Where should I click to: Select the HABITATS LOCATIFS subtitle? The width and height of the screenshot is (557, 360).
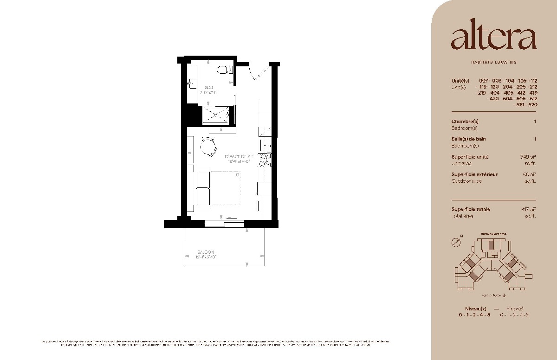tap(493, 62)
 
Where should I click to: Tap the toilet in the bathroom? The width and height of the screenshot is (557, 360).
tap(224, 71)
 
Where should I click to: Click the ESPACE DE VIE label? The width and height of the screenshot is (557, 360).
tap(239, 156)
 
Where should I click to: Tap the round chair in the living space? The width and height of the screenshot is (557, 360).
tap(209, 148)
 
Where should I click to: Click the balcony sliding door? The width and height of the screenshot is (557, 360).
tap(225, 223)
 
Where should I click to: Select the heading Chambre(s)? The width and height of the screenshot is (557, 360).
tap(464, 122)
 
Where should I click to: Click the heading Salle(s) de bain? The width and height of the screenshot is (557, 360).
tap(469, 139)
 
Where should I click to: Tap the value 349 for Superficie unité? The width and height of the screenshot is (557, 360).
tap(528, 157)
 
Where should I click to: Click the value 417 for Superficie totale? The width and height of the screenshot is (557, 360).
tap(528, 209)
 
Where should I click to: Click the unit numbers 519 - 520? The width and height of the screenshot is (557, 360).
tap(525, 105)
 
